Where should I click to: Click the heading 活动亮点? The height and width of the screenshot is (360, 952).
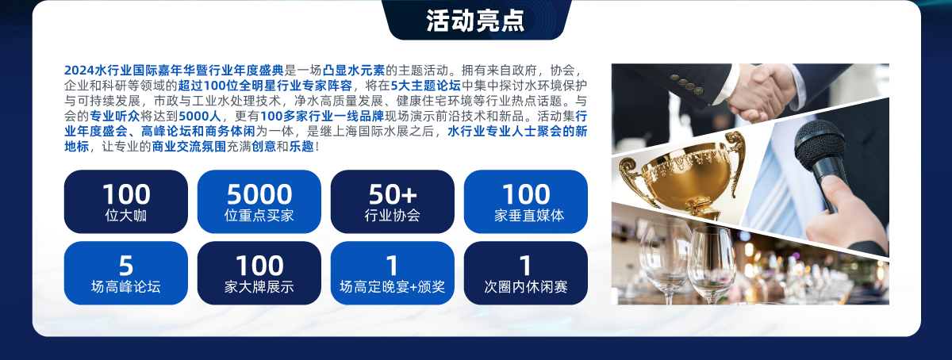[x=475, y=21]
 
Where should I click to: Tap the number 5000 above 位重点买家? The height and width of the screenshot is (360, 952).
[x=259, y=194]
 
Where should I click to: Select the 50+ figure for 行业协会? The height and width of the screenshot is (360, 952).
[x=392, y=194]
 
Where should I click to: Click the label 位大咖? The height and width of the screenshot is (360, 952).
[x=126, y=216]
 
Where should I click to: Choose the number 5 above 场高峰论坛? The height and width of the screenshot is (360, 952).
[x=126, y=266]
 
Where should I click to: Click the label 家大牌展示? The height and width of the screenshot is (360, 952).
[x=259, y=287]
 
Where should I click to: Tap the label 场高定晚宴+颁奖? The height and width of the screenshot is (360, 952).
[x=392, y=287]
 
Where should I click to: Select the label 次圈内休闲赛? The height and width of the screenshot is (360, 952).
[x=526, y=287]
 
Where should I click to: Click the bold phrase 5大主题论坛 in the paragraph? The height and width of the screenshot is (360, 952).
[x=425, y=86]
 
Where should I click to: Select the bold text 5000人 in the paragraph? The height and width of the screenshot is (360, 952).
[x=199, y=116]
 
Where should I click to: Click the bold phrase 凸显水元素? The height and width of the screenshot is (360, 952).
[x=354, y=70]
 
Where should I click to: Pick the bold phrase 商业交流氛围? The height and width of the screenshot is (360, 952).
[x=189, y=147]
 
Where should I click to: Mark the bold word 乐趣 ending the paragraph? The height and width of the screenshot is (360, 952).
[x=301, y=147]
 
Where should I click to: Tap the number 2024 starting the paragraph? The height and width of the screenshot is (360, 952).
[x=79, y=70]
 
